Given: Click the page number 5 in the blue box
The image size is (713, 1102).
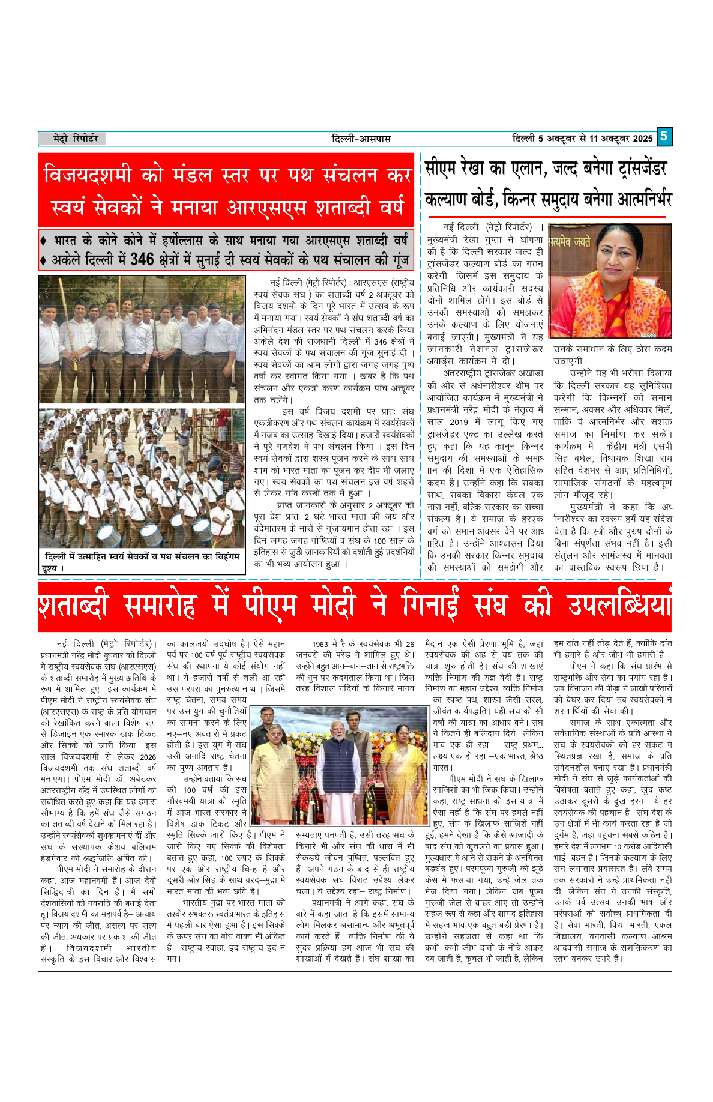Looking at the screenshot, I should pos(664,136).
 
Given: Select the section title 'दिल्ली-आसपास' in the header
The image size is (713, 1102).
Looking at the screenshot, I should pos(361,139).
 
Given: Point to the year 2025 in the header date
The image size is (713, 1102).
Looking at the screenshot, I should pos(642,139).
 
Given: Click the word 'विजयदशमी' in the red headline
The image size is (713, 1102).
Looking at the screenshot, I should pos(87,175).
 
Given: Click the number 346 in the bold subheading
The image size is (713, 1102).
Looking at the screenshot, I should pos(142,260).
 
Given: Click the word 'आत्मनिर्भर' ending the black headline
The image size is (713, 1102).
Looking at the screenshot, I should pos(642,199).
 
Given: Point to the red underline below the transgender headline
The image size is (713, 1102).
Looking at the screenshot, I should pos(546,217).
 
